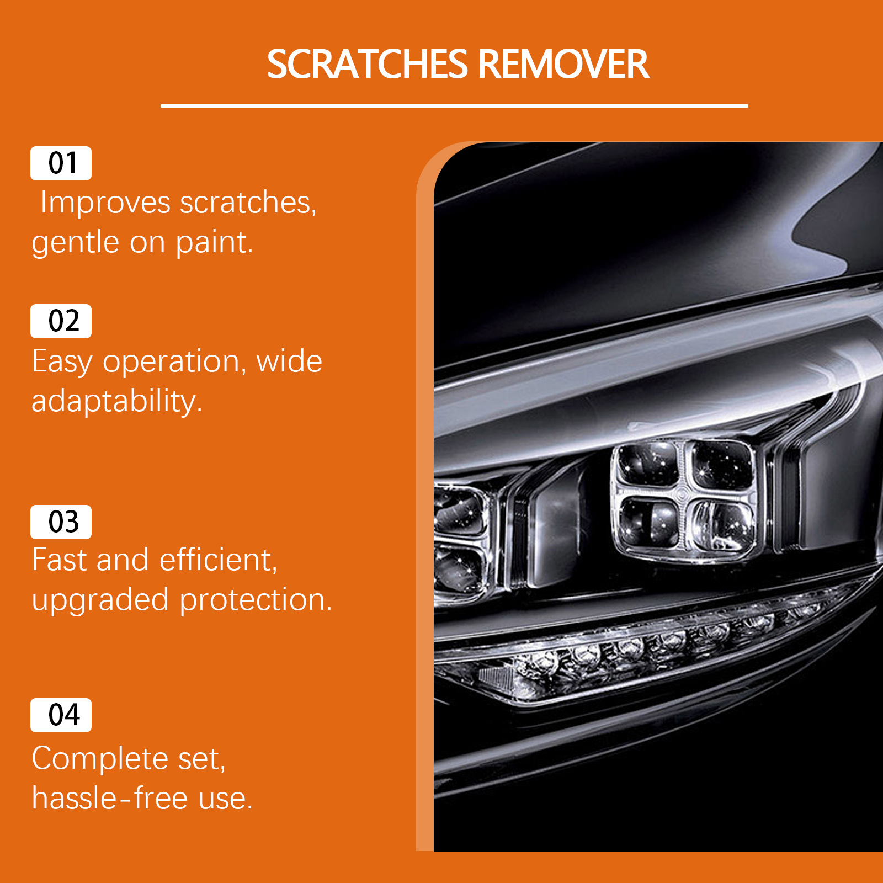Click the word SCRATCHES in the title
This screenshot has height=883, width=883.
tap(368, 64)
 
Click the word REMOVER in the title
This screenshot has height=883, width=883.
tap(563, 64)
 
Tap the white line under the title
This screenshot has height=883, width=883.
tap(454, 105)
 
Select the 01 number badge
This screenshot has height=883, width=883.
tap(61, 163)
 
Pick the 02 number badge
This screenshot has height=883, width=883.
tap(61, 321)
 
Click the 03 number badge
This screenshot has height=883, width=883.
tap(61, 522)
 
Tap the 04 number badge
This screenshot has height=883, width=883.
tap(61, 715)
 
